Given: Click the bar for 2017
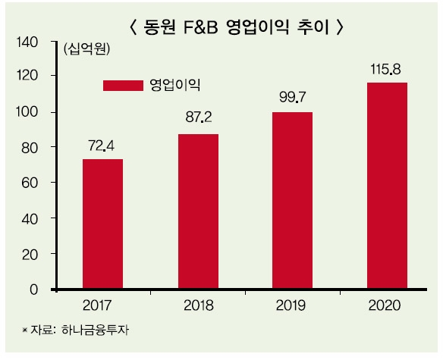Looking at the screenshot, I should click(102, 224).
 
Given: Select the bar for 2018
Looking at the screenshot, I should click(198, 211).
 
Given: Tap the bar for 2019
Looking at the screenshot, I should click(292, 201).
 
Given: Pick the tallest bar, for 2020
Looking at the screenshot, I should click(387, 186).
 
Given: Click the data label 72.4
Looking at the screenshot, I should click(102, 145).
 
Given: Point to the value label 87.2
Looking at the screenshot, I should click(198, 120).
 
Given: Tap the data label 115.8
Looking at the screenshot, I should click(387, 69).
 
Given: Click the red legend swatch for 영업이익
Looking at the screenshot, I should click(122, 84).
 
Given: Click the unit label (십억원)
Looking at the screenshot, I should click(86, 51).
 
